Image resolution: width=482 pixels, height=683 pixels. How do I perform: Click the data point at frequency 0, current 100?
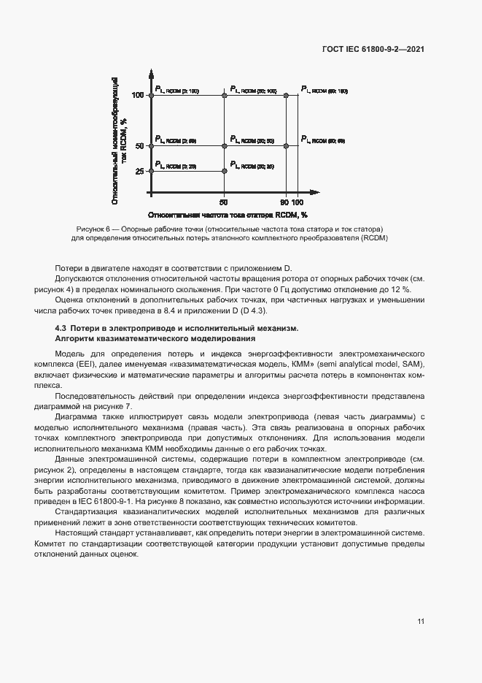click(150, 95)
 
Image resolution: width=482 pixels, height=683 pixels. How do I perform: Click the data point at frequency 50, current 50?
click(224, 145)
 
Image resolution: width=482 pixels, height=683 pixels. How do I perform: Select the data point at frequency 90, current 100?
click(285, 95)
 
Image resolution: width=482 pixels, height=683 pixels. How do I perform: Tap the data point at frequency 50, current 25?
click(224, 170)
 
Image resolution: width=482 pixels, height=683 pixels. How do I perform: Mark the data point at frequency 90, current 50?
click(285, 145)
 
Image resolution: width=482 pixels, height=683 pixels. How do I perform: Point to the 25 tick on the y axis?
click(139, 171)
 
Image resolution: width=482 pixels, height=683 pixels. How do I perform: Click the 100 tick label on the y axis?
click(138, 96)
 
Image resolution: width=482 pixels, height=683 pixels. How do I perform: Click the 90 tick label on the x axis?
click(284, 202)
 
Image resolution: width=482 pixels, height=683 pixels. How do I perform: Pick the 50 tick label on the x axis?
click(223, 202)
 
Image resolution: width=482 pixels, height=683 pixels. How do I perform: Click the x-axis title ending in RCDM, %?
click(228, 215)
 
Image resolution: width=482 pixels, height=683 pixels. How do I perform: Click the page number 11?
click(421, 622)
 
